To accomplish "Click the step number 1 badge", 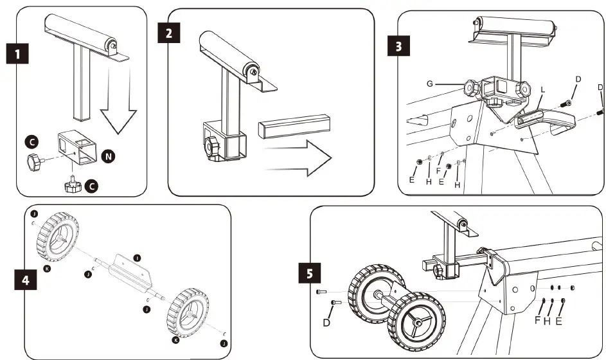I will click(x=21, y=53).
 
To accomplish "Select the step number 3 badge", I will click(x=399, y=48).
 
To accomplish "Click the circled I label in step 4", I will click(x=137, y=258).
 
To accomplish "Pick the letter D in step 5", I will click(x=326, y=322).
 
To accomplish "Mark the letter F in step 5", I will click(x=537, y=319).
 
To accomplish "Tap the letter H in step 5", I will click(x=548, y=319).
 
